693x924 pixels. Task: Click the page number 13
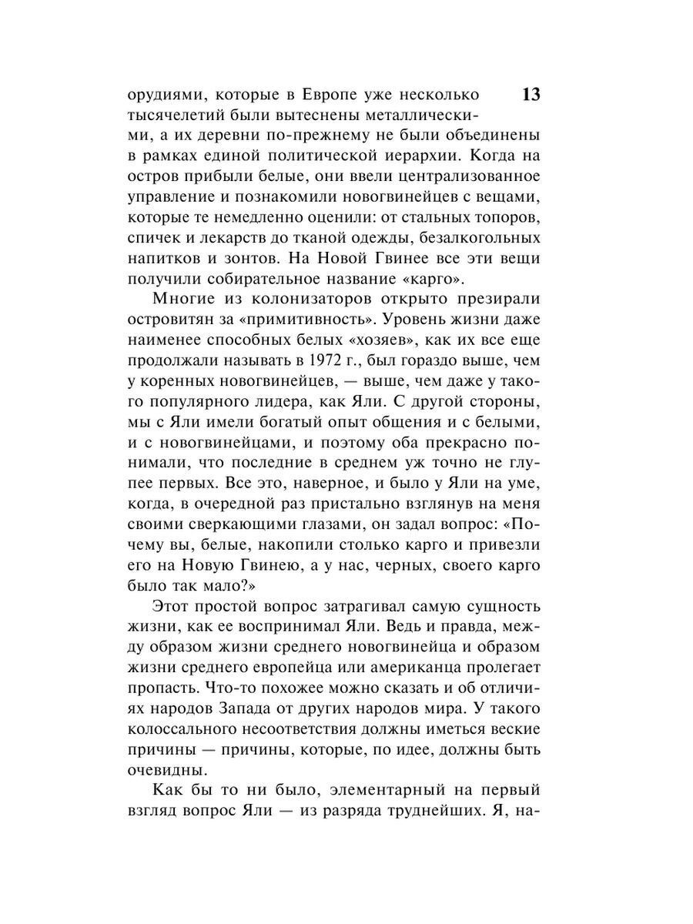[531, 95]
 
